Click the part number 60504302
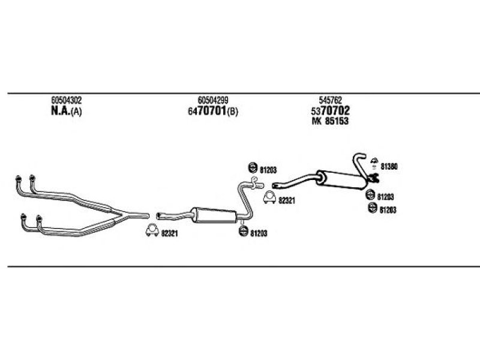click(67, 100)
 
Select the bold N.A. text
click(61, 111)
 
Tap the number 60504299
click(213, 100)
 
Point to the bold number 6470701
click(207, 111)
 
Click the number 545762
click(331, 100)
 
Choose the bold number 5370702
click(331, 110)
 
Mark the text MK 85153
click(330, 121)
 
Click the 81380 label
click(389, 167)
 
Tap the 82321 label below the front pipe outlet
click(169, 233)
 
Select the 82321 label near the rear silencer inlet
click(287, 201)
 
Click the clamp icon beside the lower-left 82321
click(152, 230)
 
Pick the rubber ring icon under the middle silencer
click(244, 231)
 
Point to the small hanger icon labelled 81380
click(374, 163)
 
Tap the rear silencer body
click(341, 179)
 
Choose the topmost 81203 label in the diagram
click(268, 170)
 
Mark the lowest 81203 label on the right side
click(388, 210)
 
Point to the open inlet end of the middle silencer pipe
click(158, 216)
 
